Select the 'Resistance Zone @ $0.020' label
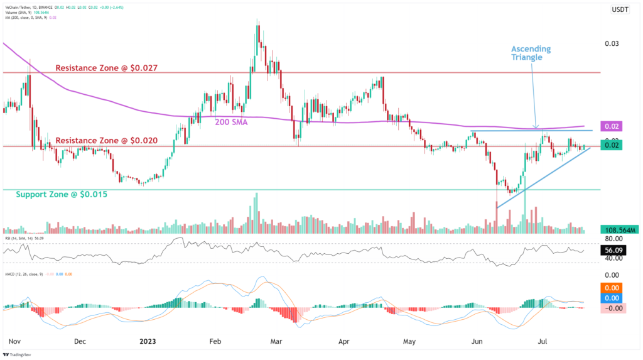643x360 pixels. (x=106, y=141)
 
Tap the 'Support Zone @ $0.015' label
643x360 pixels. (x=62, y=195)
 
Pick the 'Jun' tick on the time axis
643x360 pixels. (x=477, y=342)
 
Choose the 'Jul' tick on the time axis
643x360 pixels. (x=543, y=342)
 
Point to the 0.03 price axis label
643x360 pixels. (x=612, y=43)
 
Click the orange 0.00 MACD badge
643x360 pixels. (x=612, y=286)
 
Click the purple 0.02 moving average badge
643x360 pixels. (x=612, y=126)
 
